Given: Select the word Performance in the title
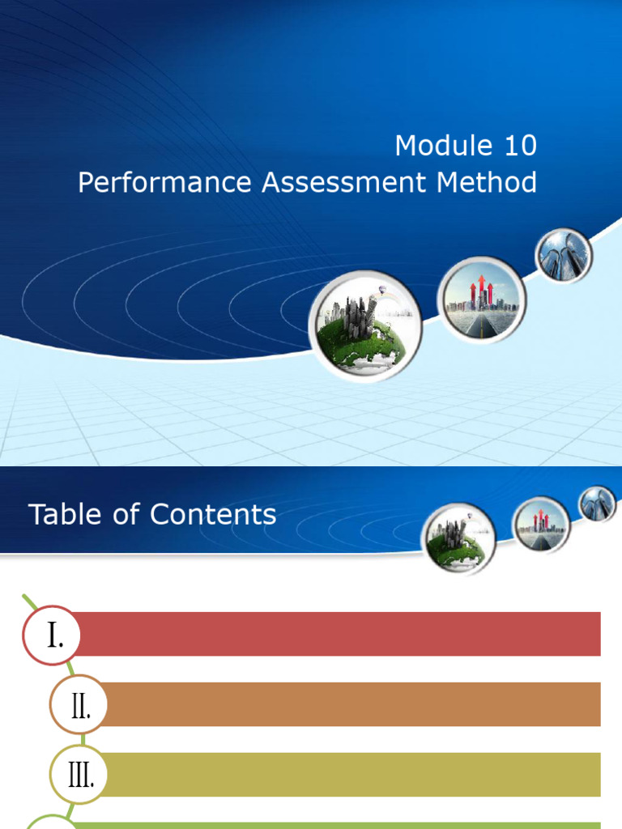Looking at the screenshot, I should point(165,183).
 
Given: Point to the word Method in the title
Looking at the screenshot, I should point(487,183).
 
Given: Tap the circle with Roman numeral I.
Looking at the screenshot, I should point(52,636).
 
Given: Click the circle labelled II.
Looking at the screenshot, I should point(79,705).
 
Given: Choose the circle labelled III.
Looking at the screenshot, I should point(79,776).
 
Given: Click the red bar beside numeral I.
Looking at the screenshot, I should point(340,634).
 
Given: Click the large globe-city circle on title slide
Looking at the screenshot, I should point(364,325).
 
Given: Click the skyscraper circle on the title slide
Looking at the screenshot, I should point(564,256).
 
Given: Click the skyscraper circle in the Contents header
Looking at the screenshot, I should point(598,504).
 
